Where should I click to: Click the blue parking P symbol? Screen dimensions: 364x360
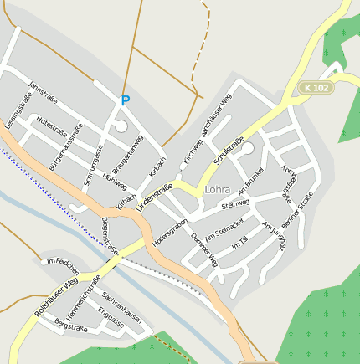pyautogui.click(x=126, y=100)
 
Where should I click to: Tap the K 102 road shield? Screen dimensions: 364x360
pyautogui.click(x=317, y=87)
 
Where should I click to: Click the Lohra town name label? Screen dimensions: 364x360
pyautogui.click(x=217, y=190)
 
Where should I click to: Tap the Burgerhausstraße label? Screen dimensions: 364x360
pyautogui.click(x=65, y=147)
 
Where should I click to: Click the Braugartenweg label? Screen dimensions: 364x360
pyautogui.click(x=127, y=155)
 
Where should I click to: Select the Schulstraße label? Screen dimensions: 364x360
pyautogui.click(x=229, y=149)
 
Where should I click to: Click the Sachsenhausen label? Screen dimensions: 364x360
pyautogui.click(x=121, y=308)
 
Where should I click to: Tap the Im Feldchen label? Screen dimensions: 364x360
pyautogui.click(x=63, y=263)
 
